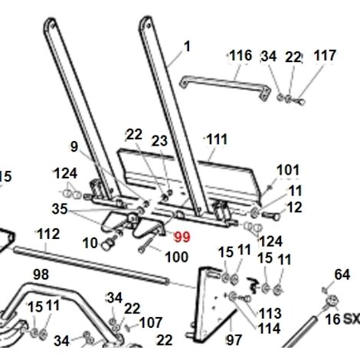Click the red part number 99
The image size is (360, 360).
pos(182,237)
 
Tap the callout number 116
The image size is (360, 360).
pos(241,56)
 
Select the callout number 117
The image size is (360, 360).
pos(325,55)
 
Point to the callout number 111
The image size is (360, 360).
pos(217,139)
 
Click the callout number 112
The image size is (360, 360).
pos(48,234)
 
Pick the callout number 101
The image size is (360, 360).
pos(288,170)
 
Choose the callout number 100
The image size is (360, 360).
pos(177,257)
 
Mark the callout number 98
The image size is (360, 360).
pos(41,274)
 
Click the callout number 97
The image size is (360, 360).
pos(234,340)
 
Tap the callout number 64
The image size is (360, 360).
pos(342,275)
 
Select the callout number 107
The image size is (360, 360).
pos(151,322)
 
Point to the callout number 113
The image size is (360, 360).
pos(270,313)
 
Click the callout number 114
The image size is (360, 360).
pos(270,329)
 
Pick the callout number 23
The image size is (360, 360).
pos(159,141)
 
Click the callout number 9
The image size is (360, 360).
pos(74,146)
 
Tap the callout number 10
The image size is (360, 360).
pos(90,243)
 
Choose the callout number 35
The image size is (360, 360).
pos(60,209)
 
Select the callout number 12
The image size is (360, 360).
pos(294,208)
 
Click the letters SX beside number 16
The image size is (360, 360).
pos(352,319)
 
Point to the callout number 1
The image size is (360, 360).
pos(187,47)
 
